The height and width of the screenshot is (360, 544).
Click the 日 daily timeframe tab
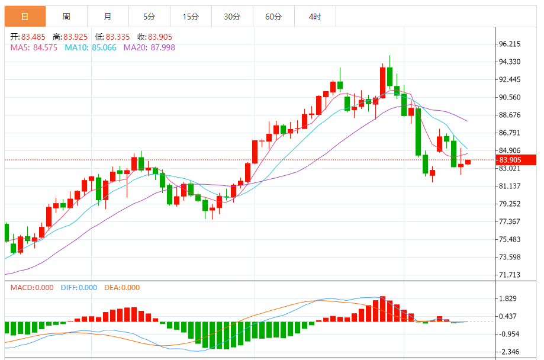click(x=25, y=17)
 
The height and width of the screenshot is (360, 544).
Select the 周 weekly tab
click(x=66, y=17)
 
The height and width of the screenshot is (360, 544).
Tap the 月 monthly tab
click(x=107, y=17)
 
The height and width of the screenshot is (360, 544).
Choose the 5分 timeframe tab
click(x=149, y=17)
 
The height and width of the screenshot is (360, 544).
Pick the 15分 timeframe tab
click(x=191, y=17)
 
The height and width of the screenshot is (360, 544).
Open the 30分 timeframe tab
click(x=232, y=17)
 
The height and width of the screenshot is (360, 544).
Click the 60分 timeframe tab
click(x=273, y=17)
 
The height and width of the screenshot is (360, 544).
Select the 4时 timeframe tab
click(x=315, y=17)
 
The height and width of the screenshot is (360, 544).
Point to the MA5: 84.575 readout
click(x=34, y=47)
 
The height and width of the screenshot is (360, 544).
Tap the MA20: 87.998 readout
click(x=149, y=47)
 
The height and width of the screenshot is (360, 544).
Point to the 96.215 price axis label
click(x=510, y=44)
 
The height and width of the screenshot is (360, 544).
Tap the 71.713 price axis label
click(x=510, y=275)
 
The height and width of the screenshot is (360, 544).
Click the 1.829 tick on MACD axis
click(x=508, y=298)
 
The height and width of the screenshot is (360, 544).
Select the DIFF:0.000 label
click(x=79, y=288)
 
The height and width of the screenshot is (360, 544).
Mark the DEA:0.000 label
click(x=122, y=288)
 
